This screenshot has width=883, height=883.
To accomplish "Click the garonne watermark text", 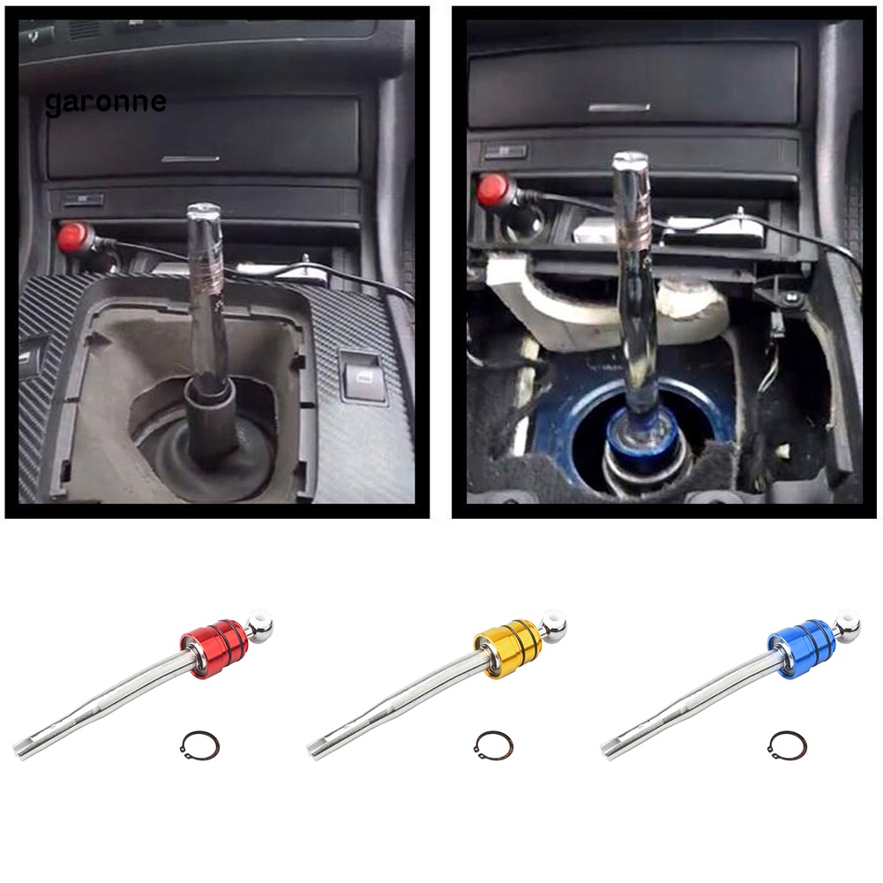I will pos(105,102).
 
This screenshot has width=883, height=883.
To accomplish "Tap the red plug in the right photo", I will pos(490,189).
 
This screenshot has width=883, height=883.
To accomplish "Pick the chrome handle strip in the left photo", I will pos(191,159).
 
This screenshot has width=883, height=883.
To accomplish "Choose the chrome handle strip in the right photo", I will pos(618,108).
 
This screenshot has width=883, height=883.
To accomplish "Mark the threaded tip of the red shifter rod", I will pos(21,750).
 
